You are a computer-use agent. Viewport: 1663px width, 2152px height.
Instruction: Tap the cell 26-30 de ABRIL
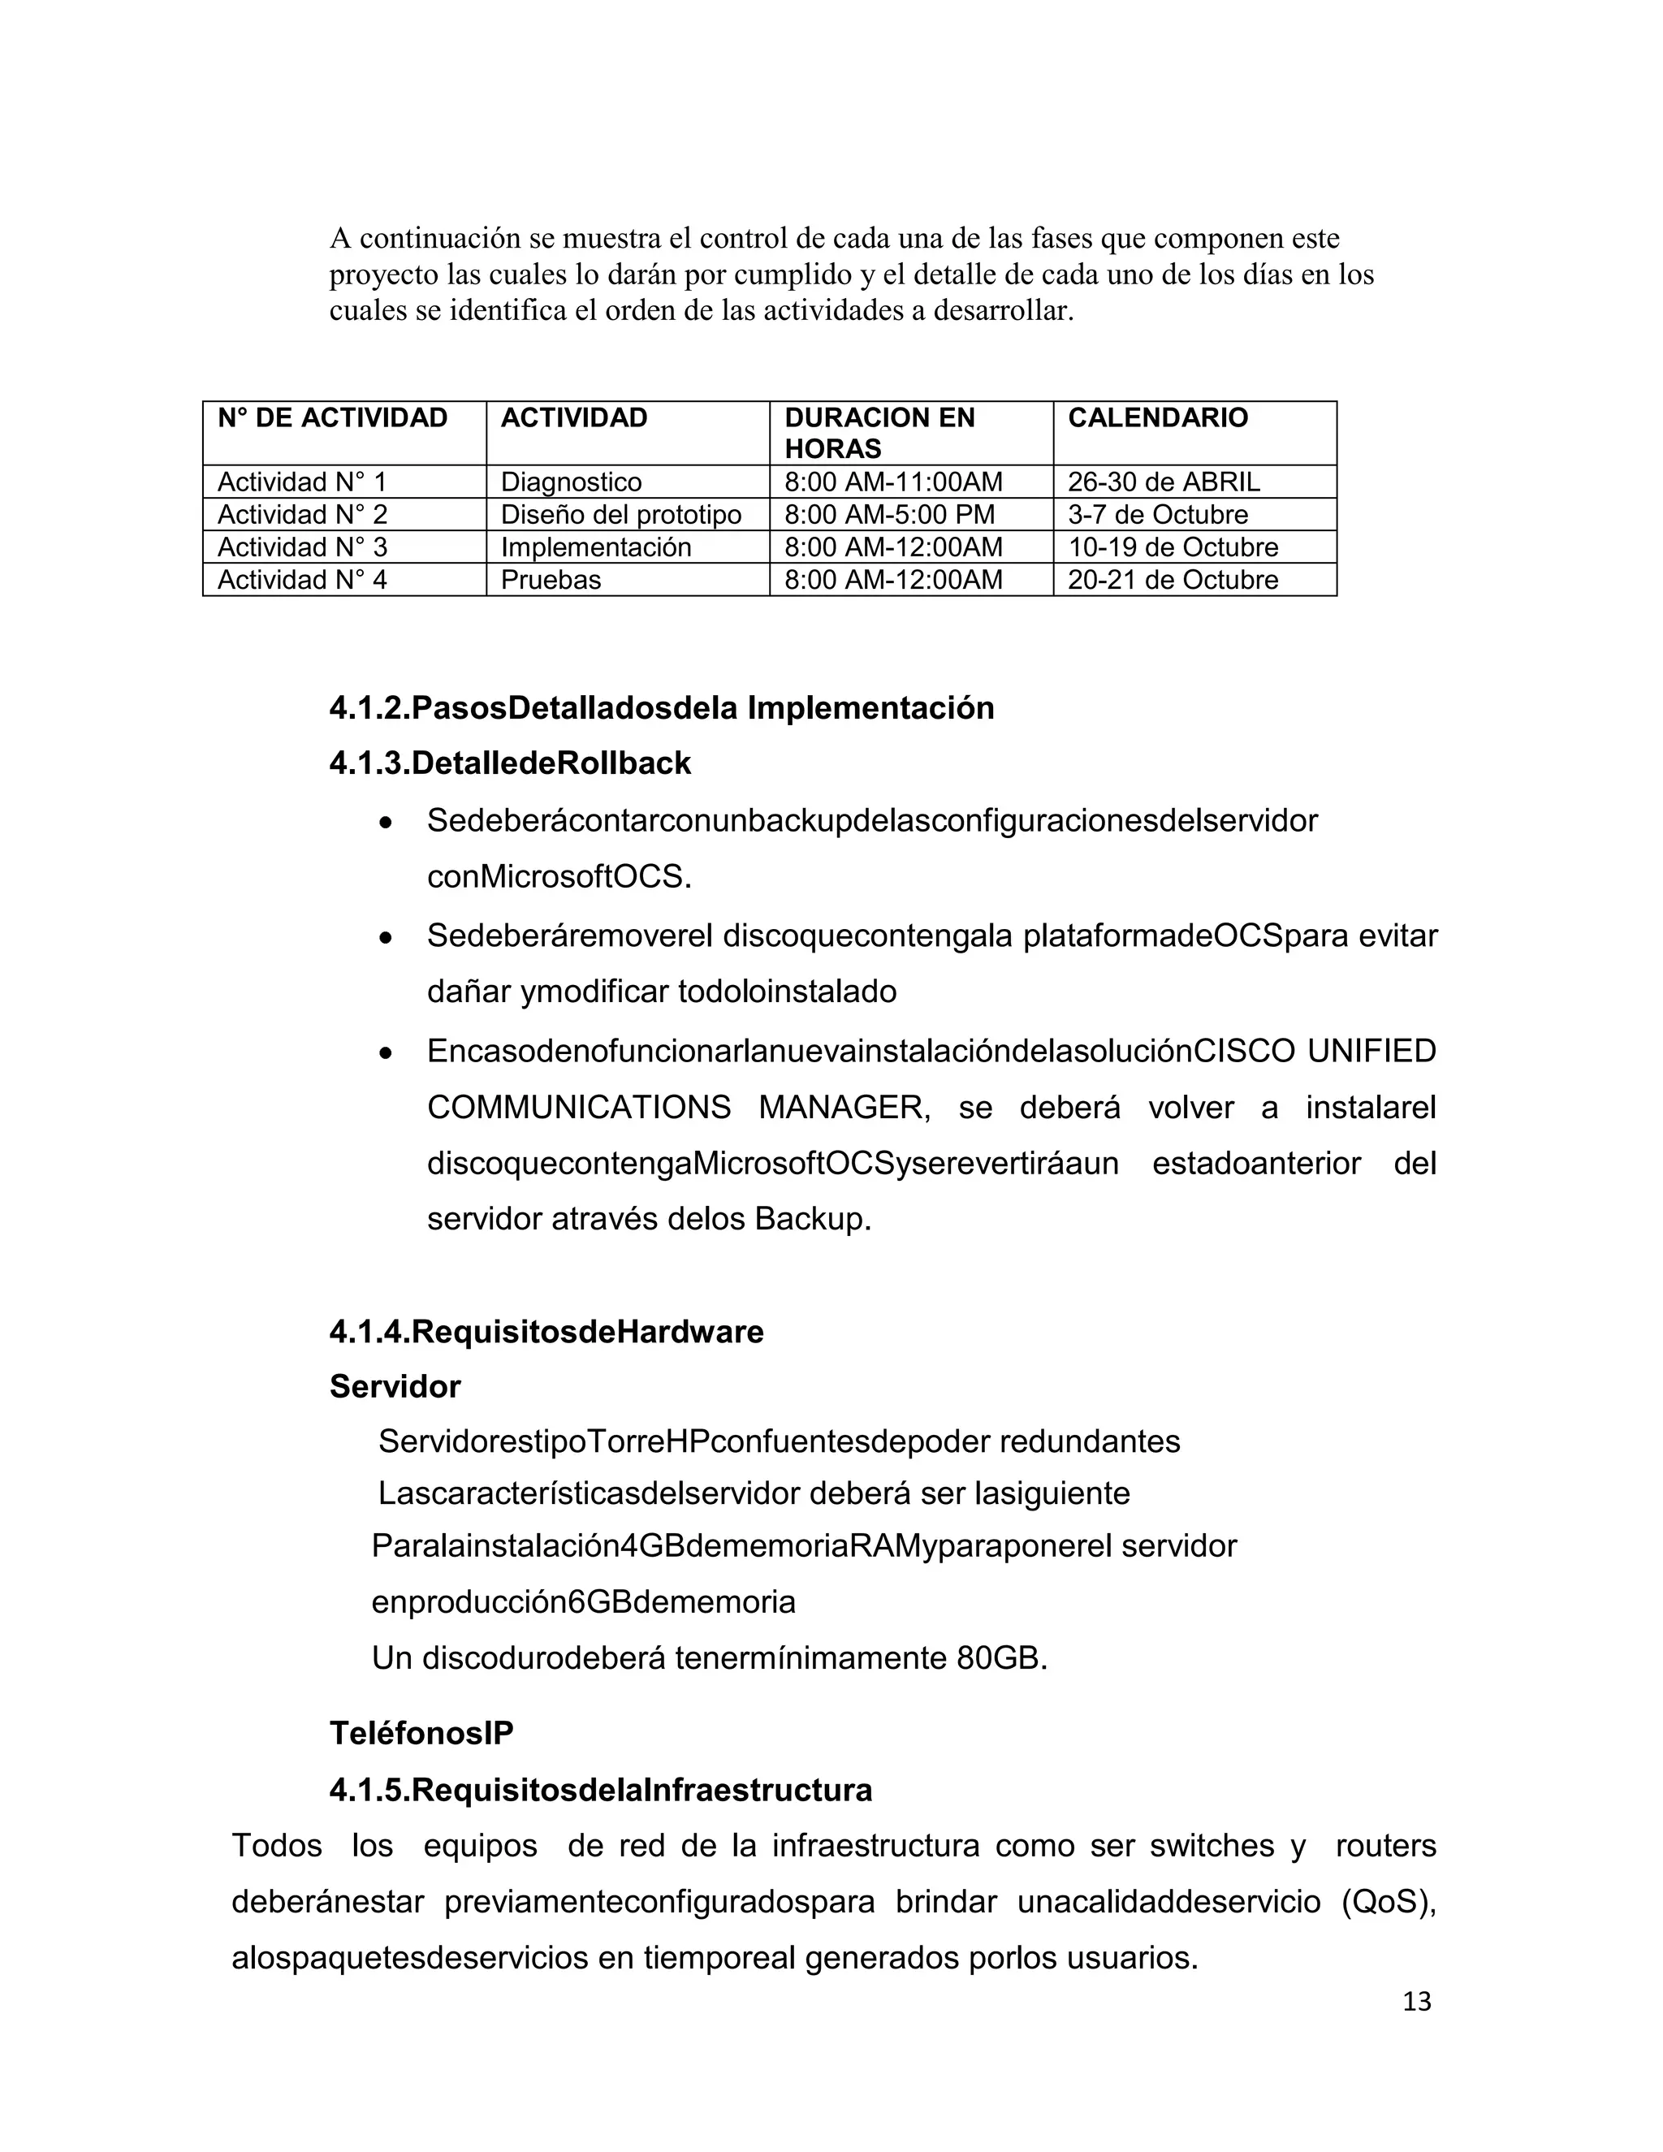tap(1163, 482)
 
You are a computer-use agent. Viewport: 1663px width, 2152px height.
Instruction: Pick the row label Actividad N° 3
tap(301, 547)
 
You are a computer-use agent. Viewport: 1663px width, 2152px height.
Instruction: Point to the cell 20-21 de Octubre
tap(1173, 579)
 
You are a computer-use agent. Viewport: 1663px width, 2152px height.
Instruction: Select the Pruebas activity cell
tap(550, 579)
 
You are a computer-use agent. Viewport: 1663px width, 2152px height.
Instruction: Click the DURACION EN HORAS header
tap(879, 433)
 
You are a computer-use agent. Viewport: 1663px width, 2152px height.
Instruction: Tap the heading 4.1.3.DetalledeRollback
tap(509, 763)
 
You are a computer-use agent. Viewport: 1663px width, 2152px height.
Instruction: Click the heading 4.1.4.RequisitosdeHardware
tap(546, 1331)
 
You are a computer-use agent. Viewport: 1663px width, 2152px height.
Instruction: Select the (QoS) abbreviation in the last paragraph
tap(1387, 1901)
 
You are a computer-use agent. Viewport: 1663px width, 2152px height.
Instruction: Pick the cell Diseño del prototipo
tap(620, 514)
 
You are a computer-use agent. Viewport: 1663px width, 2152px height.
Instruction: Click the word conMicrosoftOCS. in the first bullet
tap(559, 876)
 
